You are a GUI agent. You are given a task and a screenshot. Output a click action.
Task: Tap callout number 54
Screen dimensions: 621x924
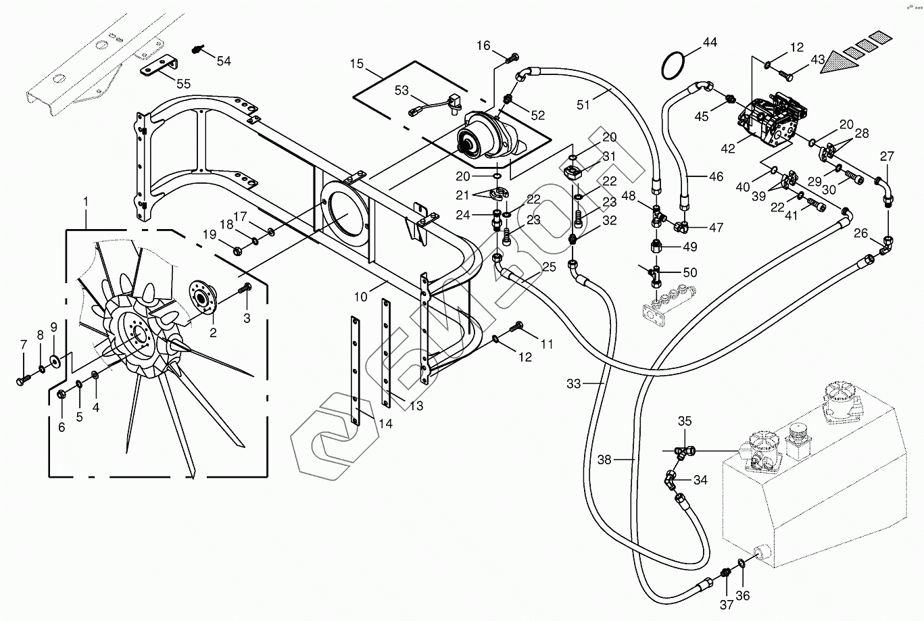[x=223, y=61]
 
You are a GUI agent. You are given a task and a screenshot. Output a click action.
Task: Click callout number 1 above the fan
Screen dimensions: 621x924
[x=86, y=201]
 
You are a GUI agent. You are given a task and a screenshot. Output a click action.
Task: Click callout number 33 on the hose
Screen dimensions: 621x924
[x=574, y=384]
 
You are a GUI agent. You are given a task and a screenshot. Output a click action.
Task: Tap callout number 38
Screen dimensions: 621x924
[x=604, y=459]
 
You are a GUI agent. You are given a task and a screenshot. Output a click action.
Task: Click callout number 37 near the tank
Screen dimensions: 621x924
[x=727, y=605]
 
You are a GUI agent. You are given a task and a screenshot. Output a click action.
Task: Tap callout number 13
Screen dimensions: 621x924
[x=416, y=405]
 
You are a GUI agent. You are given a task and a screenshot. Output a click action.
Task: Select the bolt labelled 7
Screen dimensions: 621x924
[x=21, y=381]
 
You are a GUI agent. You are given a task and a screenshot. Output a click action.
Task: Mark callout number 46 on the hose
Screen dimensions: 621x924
[x=716, y=177]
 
